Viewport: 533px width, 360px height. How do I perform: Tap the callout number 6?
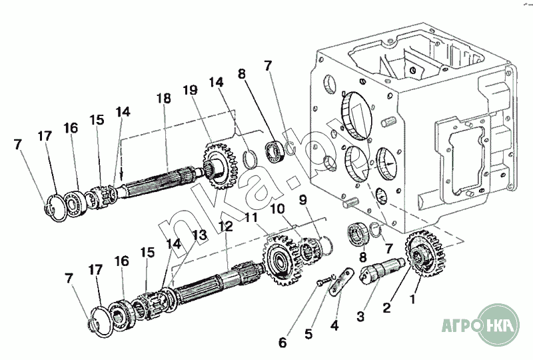click(x=282, y=343)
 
